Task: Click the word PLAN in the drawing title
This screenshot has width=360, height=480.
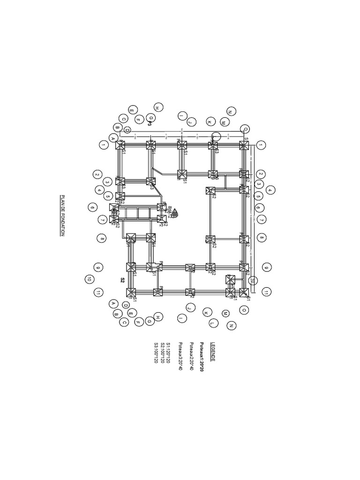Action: point(61,200)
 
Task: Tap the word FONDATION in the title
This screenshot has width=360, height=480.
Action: point(61,224)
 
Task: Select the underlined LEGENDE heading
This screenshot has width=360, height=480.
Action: point(213,351)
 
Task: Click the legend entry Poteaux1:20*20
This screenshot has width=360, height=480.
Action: point(202,357)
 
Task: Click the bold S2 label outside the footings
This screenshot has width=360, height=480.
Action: point(122,280)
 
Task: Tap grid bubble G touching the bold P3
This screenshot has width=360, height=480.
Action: point(151,118)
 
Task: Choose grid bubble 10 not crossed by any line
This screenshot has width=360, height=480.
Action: point(89,279)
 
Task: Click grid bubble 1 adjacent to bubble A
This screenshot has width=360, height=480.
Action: point(103,145)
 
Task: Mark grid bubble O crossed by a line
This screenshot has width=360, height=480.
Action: point(245,128)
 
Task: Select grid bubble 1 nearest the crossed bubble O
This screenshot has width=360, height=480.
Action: point(261,145)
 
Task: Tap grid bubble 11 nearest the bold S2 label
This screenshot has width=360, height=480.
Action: point(98,292)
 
